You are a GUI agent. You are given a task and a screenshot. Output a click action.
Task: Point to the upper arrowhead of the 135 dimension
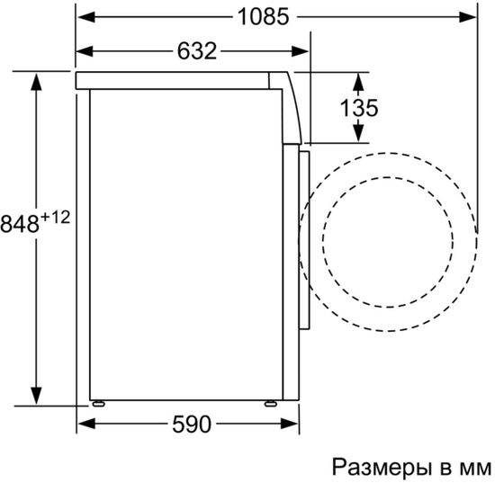tap(359, 80)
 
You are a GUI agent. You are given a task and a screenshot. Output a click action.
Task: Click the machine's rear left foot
tap(94, 403)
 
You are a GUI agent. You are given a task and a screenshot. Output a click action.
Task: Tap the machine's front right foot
tap(269, 403)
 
